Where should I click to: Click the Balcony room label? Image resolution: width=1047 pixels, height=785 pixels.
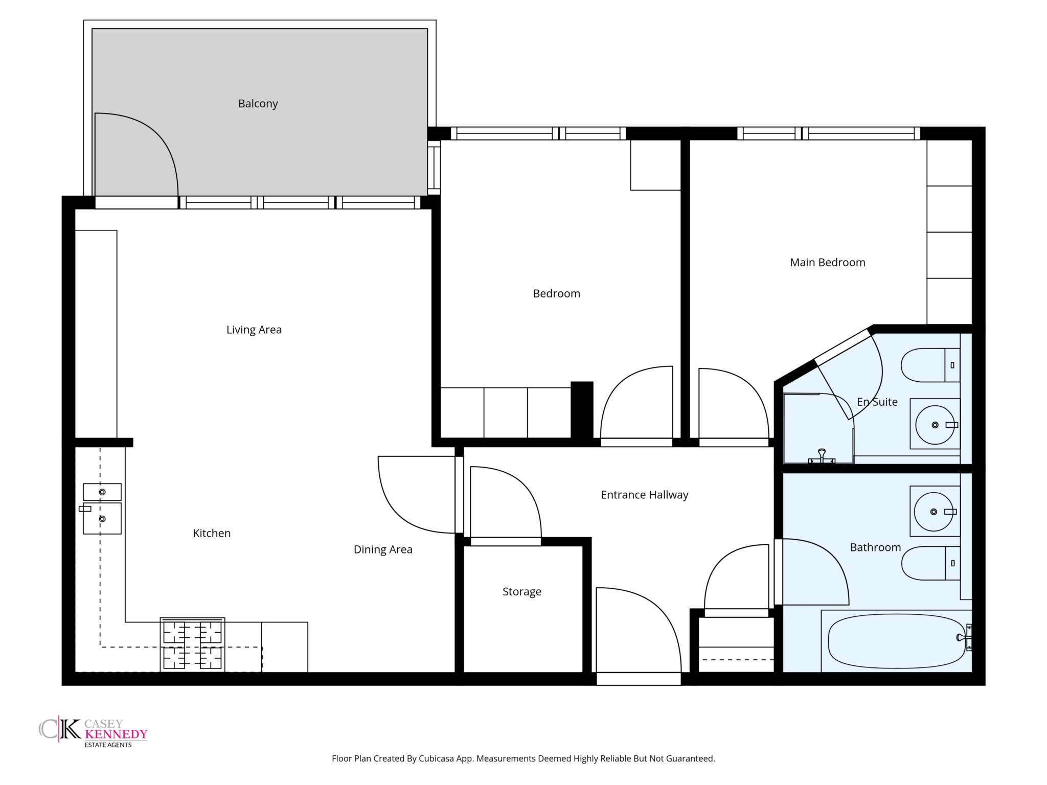click(258, 104)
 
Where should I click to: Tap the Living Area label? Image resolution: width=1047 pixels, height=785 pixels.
click(254, 330)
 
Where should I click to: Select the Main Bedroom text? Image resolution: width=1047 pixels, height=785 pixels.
click(828, 263)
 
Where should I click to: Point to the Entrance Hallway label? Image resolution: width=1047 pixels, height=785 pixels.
click(644, 495)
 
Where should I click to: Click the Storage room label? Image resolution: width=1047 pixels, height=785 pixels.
click(521, 592)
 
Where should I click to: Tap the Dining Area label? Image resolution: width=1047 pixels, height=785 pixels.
click(383, 550)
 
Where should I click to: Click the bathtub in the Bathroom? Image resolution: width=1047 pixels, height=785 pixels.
click(897, 641)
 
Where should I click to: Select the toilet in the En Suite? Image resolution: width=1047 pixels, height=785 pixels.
click(930, 365)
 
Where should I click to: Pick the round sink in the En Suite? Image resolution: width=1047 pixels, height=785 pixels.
click(935, 424)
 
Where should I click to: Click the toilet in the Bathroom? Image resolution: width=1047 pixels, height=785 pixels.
click(930, 563)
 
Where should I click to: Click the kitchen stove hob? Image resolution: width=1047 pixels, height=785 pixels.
click(192, 645)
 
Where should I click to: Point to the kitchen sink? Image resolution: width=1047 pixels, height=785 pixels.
click(102, 509)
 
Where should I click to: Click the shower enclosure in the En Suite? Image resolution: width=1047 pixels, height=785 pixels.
click(818, 428)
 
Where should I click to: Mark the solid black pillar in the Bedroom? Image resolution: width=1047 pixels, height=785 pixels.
click(582, 410)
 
